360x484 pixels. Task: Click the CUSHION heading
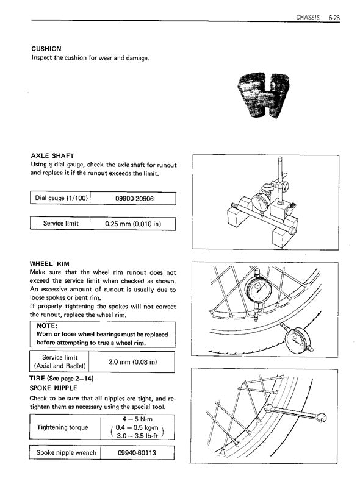(46, 49)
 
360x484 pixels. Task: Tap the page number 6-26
(334, 18)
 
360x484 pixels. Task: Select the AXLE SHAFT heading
(52, 155)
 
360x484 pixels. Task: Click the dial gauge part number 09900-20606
(134, 199)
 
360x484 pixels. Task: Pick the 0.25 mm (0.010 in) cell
(133, 224)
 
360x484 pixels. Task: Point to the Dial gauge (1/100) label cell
(60, 198)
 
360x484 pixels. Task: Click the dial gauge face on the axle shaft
(261, 203)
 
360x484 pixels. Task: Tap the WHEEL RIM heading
(49, 263)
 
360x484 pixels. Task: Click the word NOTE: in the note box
(46, 326)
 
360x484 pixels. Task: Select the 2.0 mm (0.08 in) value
(132, 361)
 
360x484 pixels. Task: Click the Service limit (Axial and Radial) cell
(60, 361)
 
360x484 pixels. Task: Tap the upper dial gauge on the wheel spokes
(258, 289)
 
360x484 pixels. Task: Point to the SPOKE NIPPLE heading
(54, 388)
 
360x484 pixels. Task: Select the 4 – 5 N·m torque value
(137, 419)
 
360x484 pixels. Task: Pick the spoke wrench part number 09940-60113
(137, 453)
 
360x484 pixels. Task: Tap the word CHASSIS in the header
(308, 17)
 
